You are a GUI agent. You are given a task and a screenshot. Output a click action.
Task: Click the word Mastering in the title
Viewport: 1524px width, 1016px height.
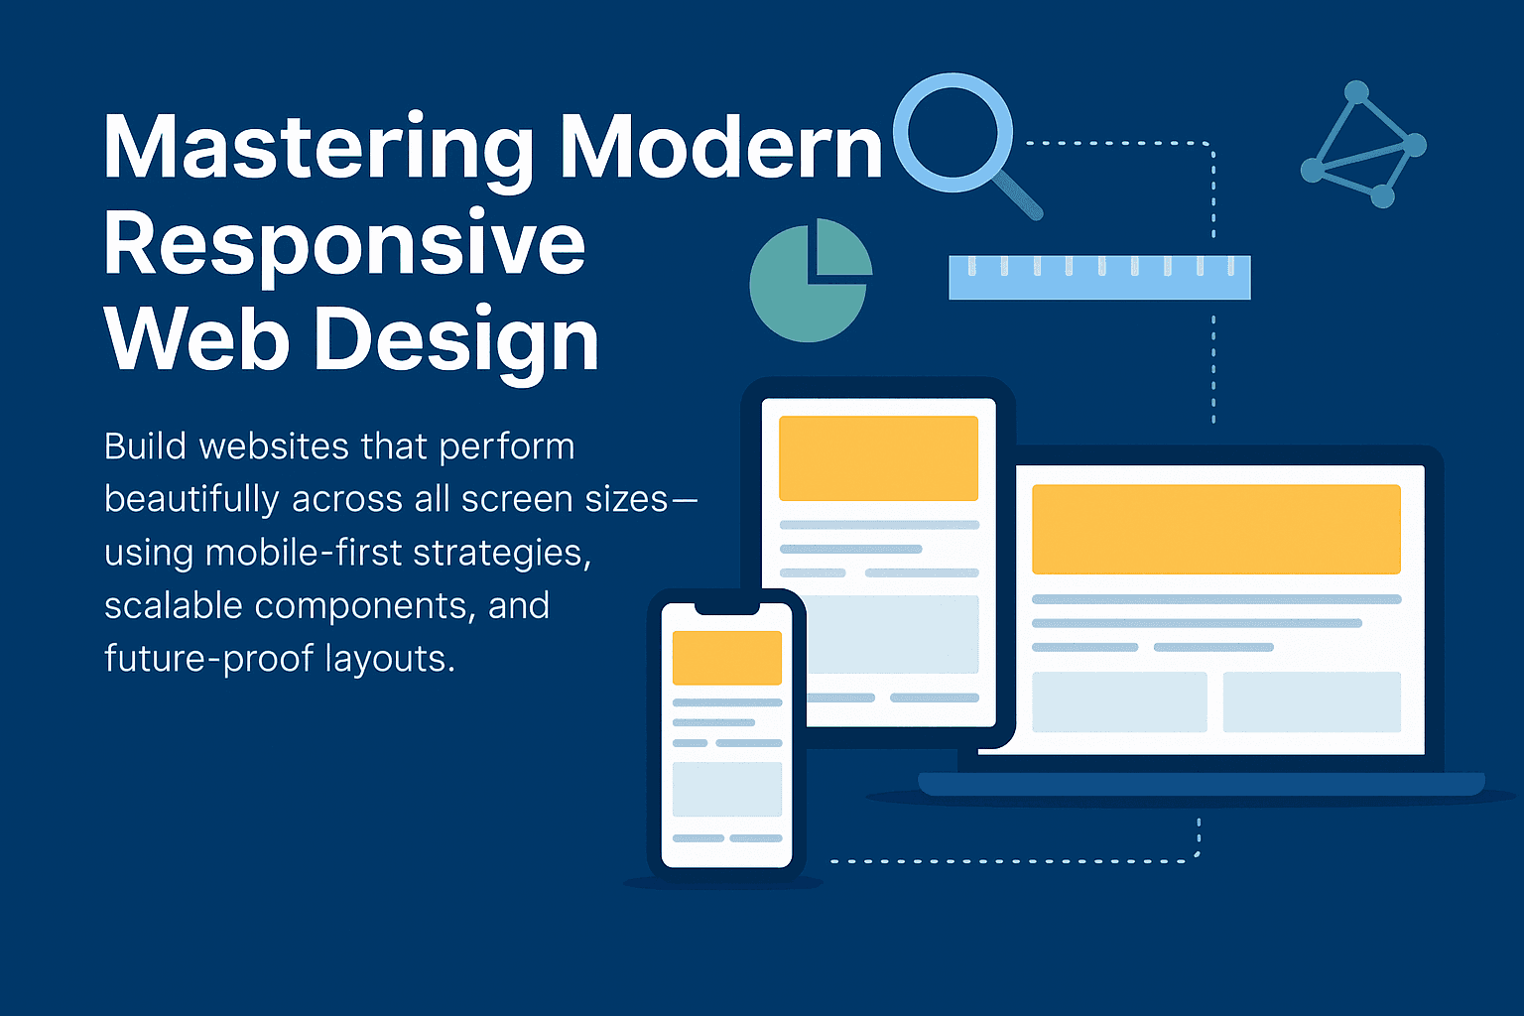point(318,149)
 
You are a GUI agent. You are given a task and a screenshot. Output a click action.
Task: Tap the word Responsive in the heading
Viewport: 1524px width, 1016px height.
point(344,244)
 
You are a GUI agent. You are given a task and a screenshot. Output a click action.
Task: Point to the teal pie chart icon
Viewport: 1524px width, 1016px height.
point(809,281)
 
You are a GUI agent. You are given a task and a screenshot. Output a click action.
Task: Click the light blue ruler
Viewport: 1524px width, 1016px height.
point(1099,278)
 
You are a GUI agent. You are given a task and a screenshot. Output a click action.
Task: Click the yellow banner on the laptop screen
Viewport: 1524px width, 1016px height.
point(1215,529)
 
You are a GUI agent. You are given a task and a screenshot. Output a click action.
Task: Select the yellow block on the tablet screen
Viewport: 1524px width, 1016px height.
point(878,458)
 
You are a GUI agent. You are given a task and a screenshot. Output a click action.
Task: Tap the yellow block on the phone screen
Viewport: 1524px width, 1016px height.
point(727,657)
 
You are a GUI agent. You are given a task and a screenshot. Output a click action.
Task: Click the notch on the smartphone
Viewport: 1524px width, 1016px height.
point(726,607)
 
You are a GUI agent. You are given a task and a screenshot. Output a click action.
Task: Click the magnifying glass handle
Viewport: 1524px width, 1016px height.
point(1018,194)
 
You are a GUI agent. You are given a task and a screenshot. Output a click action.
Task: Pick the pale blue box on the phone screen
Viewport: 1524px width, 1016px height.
point(727,789)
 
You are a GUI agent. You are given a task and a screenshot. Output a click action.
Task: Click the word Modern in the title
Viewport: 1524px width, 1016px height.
point(720,149)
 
